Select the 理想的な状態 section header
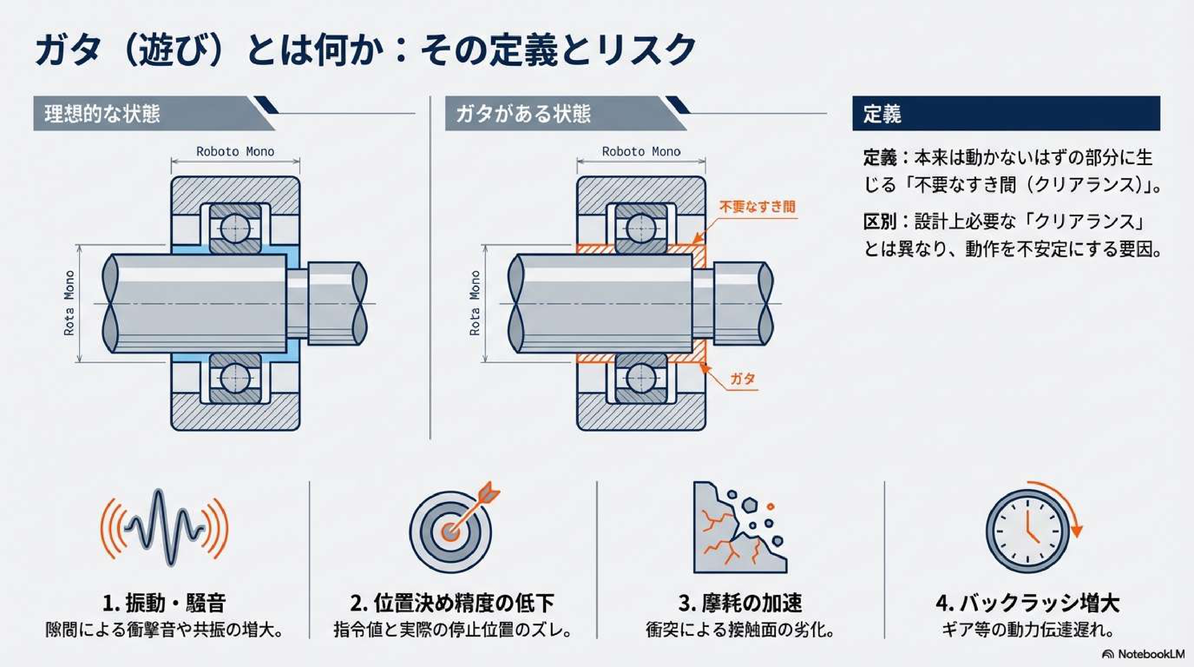[102, 114]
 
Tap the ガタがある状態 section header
[523, 114]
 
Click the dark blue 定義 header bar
[1006, 114]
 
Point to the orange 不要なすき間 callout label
[757, 206]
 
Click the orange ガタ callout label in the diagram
[743, 379]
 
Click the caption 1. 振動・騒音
[164, 603]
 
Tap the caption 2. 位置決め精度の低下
[452, 603]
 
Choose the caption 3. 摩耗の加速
[740, 603]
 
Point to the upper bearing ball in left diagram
[235, 228]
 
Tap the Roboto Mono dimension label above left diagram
[235, 152]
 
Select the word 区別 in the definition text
[879, 222]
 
